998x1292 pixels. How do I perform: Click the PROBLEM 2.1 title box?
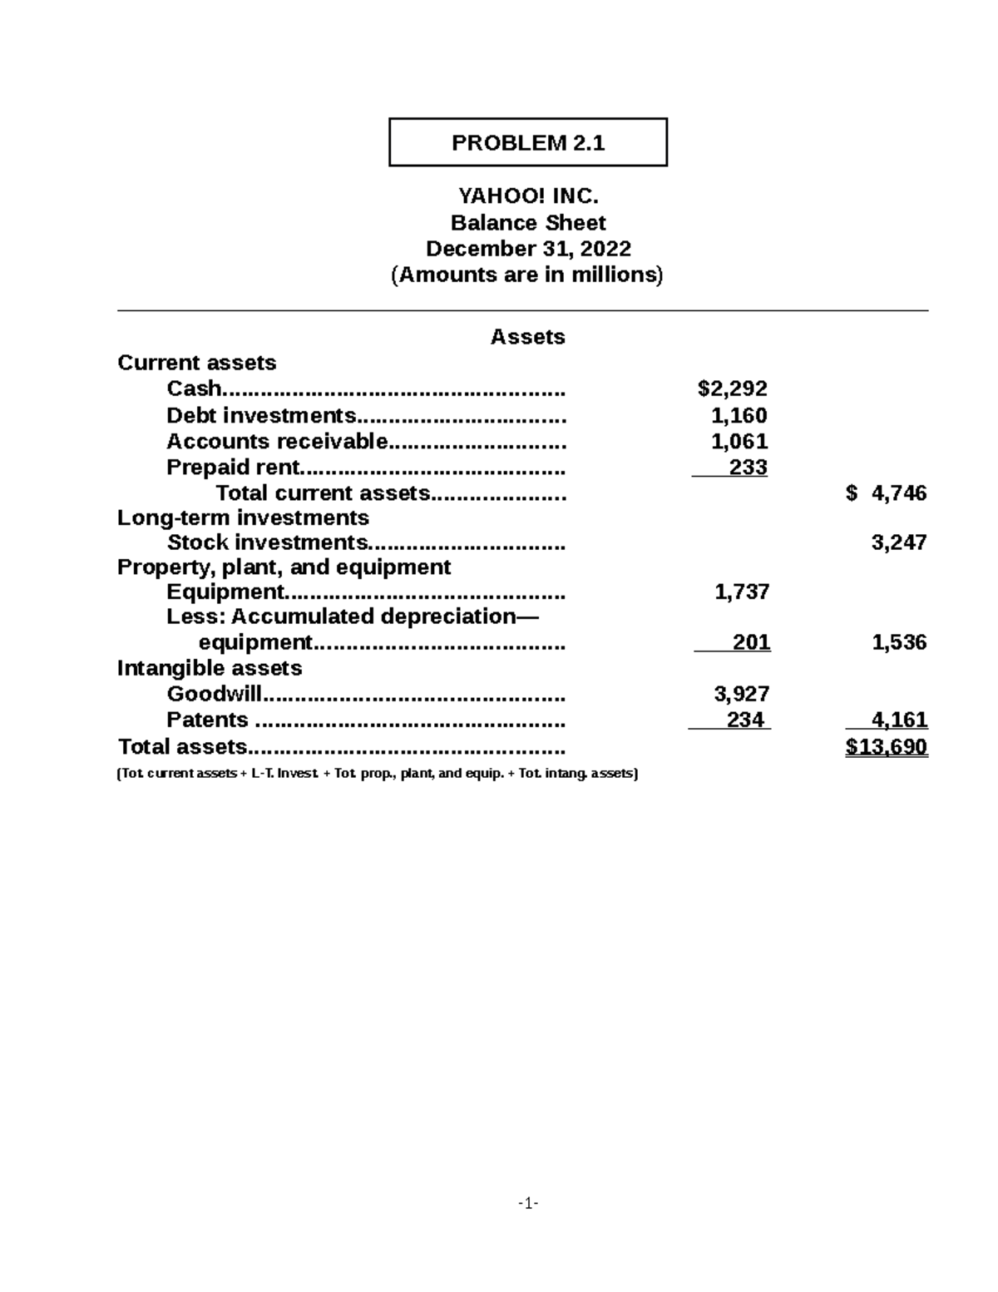click(528, 142)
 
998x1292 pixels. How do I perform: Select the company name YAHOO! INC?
click(528, 196)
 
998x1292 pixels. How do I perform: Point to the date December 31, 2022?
click(528, 249)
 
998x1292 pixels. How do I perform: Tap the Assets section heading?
click(527, 337)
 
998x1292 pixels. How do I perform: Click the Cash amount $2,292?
click(732, 389)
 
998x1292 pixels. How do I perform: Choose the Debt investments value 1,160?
click(739, 415)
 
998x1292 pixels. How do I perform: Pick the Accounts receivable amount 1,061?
click(739, 441)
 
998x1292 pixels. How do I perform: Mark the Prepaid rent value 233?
click(748, 468)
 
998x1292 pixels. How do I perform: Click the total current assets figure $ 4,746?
click(886, 493)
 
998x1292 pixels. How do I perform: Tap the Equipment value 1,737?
click(742, 592)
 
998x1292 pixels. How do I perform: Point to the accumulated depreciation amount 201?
click(751, 642)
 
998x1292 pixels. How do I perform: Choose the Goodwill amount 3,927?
click(742, 694)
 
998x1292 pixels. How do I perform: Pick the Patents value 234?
click(745, 720)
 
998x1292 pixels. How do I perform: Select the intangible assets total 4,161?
click(898, 720)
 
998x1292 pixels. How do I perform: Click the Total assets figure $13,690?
click(887, 747)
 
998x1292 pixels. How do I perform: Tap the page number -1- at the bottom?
click(528, 1203)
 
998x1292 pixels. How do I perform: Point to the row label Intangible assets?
click(210, 668)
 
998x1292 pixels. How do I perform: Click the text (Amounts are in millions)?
click(527, 275)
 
